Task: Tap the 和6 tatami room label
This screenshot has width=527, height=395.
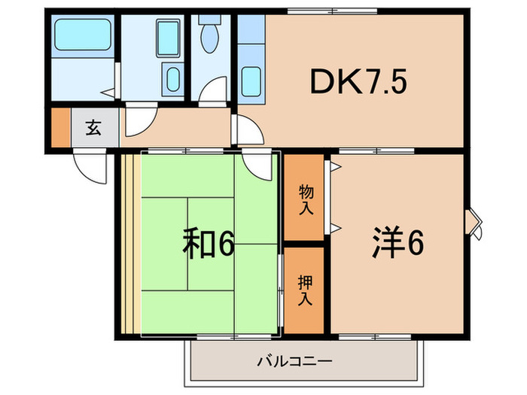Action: tap(209, 244)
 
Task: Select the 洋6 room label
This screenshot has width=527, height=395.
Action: tap(397, 244)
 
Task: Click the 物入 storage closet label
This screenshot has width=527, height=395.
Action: tap(306, 200)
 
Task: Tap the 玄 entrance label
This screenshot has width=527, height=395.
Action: tap(94, 129)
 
